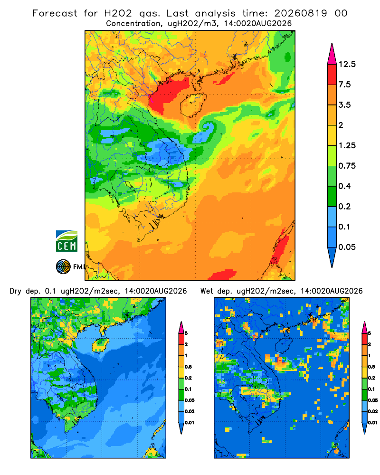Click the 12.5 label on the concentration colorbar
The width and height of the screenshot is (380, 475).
click(347, 64)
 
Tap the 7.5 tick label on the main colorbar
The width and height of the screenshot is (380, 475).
click(344, 85)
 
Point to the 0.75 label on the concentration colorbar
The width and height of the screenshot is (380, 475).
click(347, 166)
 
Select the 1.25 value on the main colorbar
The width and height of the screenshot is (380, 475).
click(347, 145)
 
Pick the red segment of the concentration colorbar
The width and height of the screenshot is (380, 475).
click(332, 75)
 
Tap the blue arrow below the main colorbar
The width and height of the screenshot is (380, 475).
click(332, 257)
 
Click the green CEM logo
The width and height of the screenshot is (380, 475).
click(66, 241)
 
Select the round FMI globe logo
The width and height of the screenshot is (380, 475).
click(63, 267)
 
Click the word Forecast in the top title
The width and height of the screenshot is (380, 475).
click(55, 13)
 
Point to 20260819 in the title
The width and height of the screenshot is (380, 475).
click(301, 13)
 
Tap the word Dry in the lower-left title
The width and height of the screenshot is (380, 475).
click(16, 291)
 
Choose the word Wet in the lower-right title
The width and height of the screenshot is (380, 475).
click(207, 291)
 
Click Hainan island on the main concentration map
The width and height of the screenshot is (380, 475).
click(193, 104)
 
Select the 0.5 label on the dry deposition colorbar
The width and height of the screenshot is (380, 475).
click(188, 367)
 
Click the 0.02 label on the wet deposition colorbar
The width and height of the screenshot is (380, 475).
click(373, 411)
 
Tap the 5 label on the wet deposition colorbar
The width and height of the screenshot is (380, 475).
click(370, 333)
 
